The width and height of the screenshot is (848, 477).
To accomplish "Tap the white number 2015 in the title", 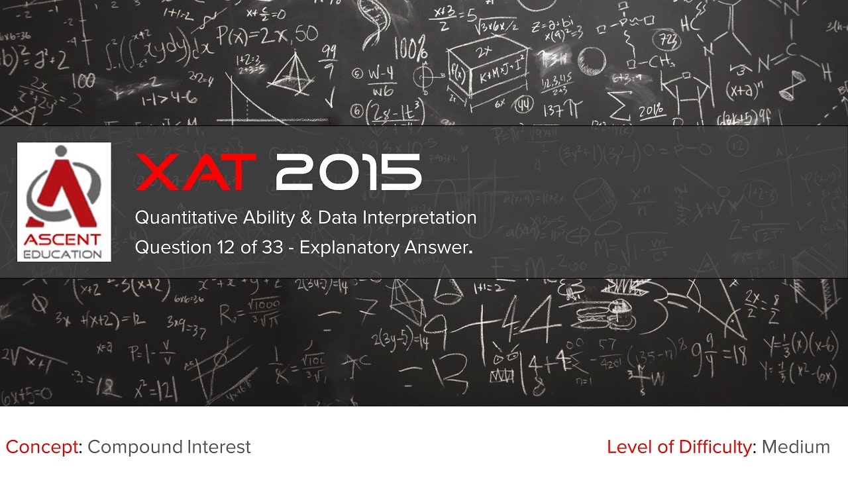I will click(x=348, y=172).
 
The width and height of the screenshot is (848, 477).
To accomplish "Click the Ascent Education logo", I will click(x=64, y=201).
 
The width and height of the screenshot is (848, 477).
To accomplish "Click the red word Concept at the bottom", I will click(x=41, y=447).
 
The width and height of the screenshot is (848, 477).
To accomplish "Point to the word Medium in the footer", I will click(x=796, y=447).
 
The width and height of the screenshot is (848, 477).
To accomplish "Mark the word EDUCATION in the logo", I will click(x=64, y=254).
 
